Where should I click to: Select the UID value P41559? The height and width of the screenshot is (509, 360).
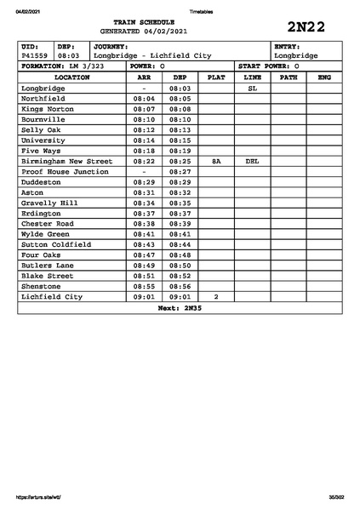pyautogui.click(x=35, y=55)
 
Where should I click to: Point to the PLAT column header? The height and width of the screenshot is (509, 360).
pyautogui.click(x=216, y=77)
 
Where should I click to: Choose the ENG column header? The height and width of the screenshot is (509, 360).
pyautogui.click(x=323, y=77)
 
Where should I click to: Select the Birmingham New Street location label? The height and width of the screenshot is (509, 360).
pyautogui.click(x=66, y=161)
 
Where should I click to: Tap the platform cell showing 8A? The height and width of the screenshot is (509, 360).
pyautogui.click(x=216, y=161)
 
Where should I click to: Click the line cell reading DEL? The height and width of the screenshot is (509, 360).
pyautogui.click(x=252, y=161)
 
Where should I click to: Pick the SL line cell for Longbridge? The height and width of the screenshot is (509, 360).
pyautogui.click(x=252, y=88)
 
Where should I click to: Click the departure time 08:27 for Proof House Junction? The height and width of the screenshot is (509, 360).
pyautogui.click(x=180, y=171)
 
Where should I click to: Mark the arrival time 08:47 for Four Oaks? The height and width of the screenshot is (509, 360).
pyautogui.click(x=144, y=254)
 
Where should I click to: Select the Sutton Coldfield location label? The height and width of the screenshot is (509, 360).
pyautogui.click(x=56, y=244)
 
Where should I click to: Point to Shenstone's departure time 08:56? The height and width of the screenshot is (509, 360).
pyautogui.click(x=180, y=286)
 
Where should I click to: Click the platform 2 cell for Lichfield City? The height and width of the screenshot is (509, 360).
pyautogui.click(x=216, y=296)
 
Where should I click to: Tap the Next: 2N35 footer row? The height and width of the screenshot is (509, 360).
pyautogui.click(x=180, y=307)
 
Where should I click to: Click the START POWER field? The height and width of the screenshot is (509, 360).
pyautogui.click(x=274, y=66)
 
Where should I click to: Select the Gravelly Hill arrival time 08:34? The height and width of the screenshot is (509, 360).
pyautogui.click(x=144, y=203)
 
